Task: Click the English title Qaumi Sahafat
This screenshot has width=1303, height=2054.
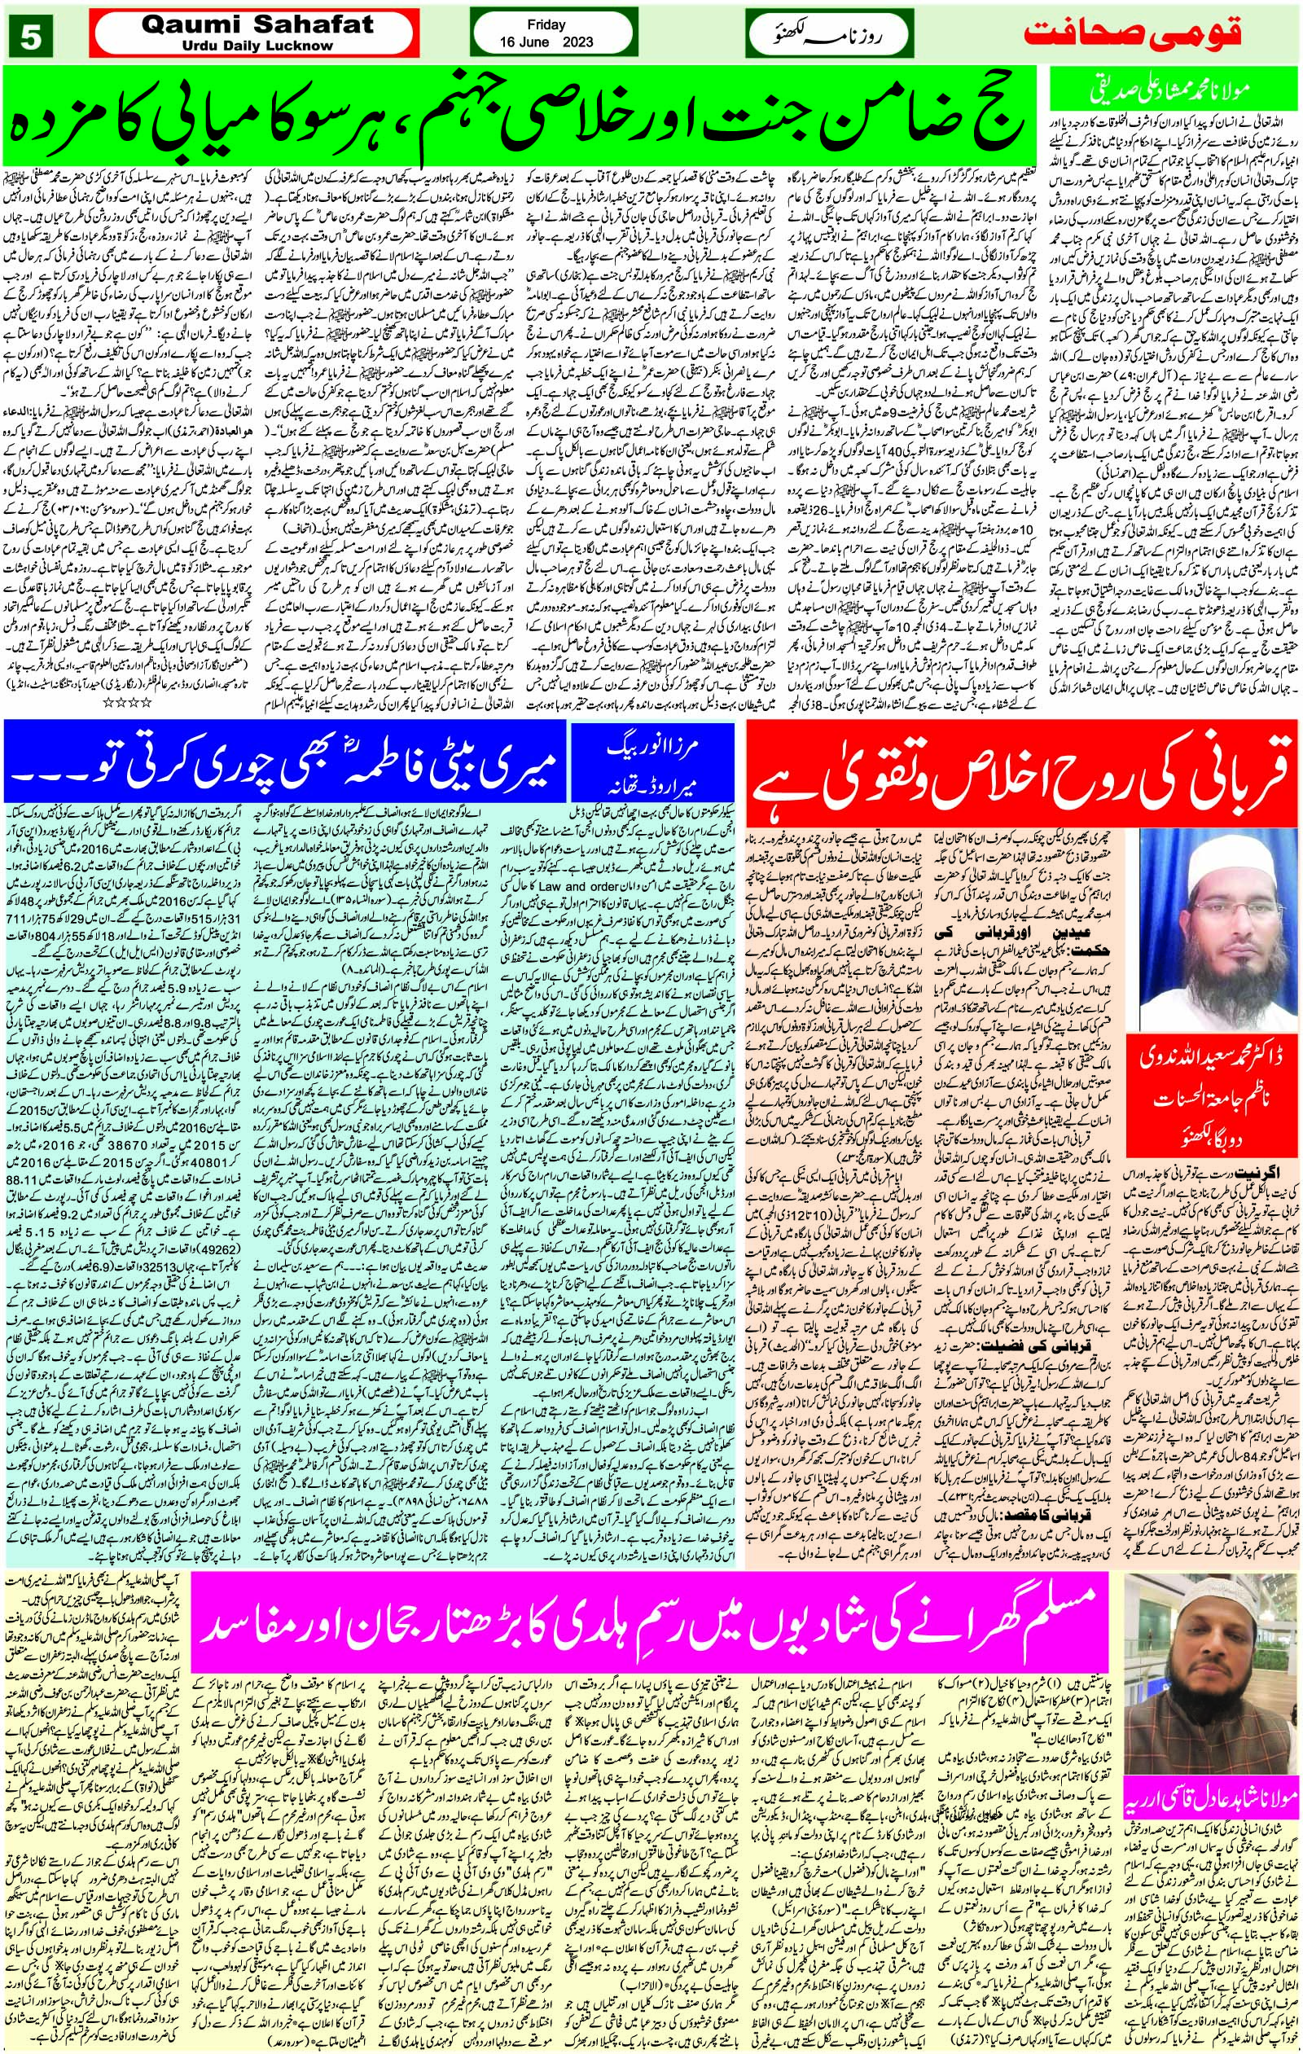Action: click(235, 24)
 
